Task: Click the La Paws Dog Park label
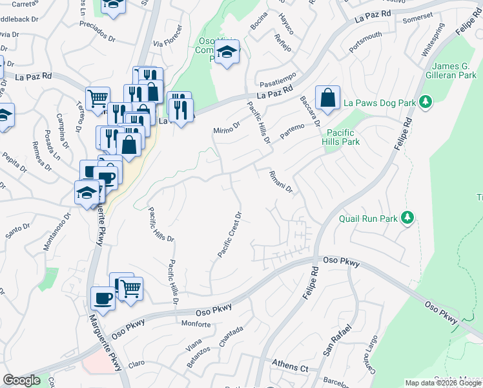pyautogui.click(x=380, y=102)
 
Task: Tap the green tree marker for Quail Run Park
pyautogui.click(x=407, y=217)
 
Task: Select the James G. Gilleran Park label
pyautogui.click(x=453, y=70)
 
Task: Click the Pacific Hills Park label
pyautogui.click(x=349, y=136)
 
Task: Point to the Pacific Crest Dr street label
pyautogui.click(x=230, y=234)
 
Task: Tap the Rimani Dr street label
pyautogui.click(x=281, y=182)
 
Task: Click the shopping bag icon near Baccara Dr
pyautogui.click(x=328, y=98)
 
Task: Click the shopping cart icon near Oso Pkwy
pyautogui.click(x=130, y=288)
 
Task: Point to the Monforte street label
pyautogui.click(x=196, y=323)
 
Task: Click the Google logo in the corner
pyautogui.click(x=21, y=380)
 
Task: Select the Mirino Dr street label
pyautogui.click(x=227, y=128)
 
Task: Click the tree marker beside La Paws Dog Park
pyautogui.click(x=426, y=102)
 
